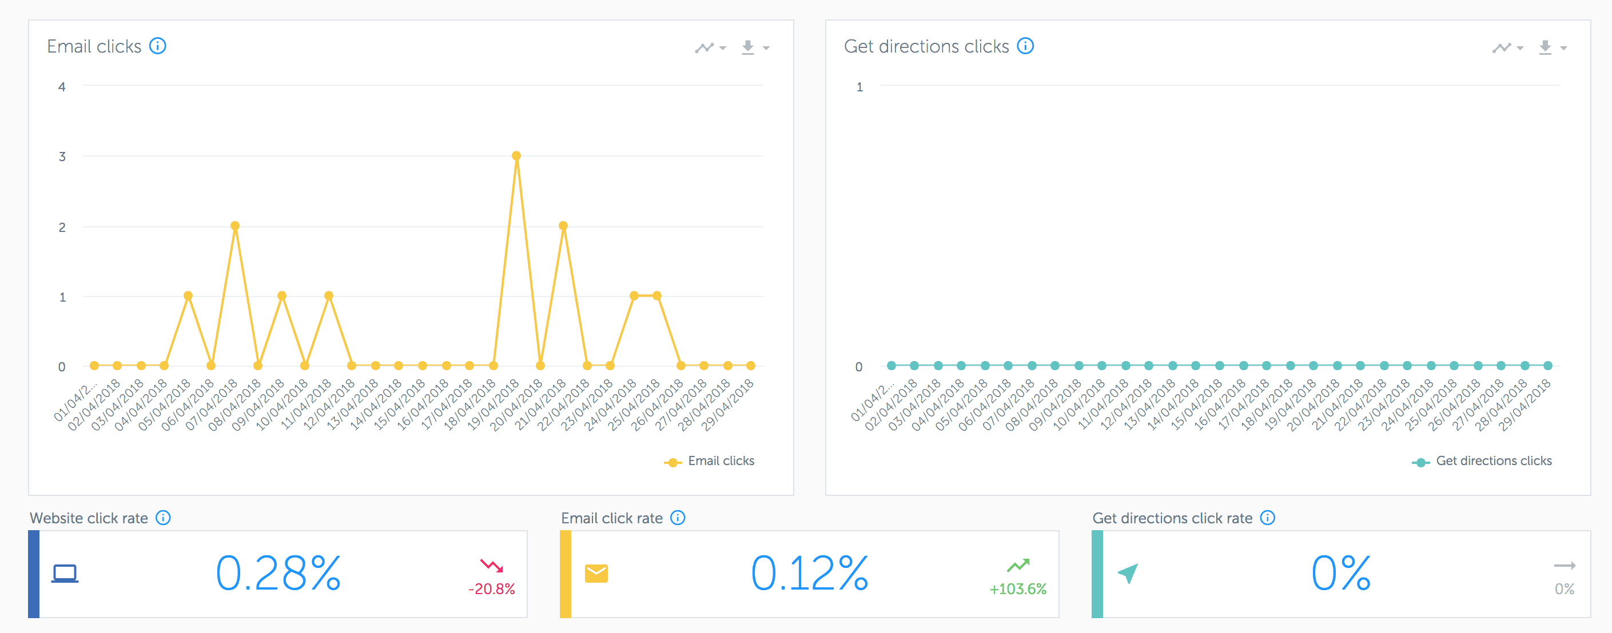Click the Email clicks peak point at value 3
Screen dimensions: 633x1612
516,156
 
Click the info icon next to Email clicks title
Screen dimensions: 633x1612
158,46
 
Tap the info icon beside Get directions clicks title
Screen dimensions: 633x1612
1025,46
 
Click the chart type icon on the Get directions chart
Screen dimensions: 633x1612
1507,47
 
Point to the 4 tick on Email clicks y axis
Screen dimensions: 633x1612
62,87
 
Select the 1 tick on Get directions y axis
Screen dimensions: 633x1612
859,87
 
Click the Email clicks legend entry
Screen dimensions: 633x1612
710,461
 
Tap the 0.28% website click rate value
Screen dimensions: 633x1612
278,574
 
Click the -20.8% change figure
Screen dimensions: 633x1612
491,588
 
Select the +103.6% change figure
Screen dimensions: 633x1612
1017,588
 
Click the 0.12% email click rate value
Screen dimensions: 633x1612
809,574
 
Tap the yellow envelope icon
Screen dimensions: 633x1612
596,573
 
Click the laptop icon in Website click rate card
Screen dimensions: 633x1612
65,573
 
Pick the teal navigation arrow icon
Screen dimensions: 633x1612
1128,573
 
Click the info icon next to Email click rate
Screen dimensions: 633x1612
678,518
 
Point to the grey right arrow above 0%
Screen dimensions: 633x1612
1564,566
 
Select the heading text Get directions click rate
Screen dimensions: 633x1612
1172,518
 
